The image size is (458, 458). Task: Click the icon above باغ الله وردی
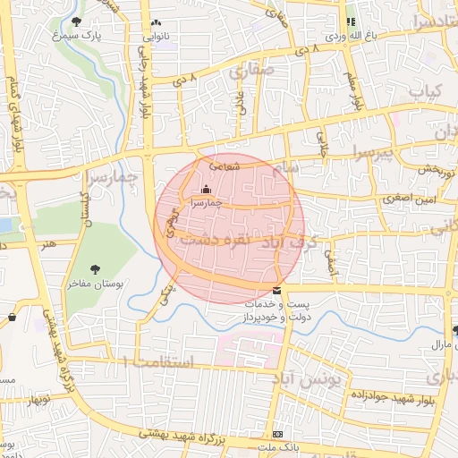(x=351, y=21)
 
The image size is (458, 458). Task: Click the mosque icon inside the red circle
(x=207, y=189)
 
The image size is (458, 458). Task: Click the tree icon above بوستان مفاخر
(x=96, y=269)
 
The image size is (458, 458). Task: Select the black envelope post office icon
(x=276, y=291)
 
